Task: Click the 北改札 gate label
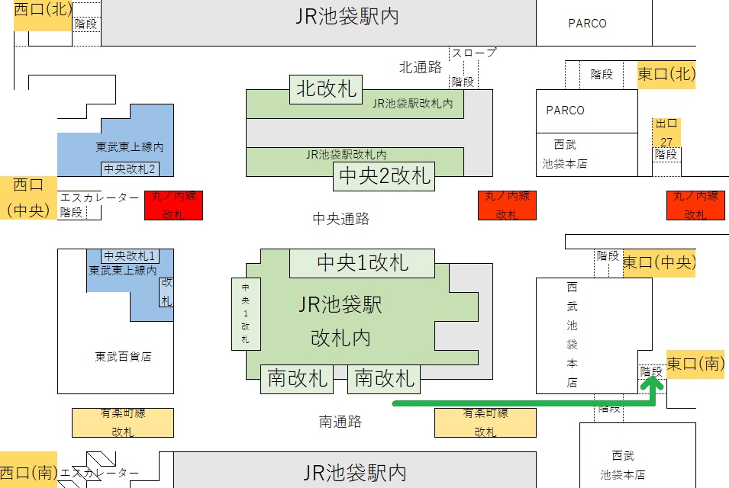pyautogui.click(x=325, y=89)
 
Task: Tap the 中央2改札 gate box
pyautogui.click(x=385, y=177)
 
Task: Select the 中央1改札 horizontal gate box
pyautogui.click(x=362, y=263)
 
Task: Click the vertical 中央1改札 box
pyautogui.click(x=245, y=313)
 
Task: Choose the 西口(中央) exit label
pyautogui.click(x=28, y=197)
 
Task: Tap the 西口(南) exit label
pyautogui.click(x=27, y=473)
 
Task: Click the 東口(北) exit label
pyautogui.click(x=666, y=75)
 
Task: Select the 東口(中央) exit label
pyautogui.click(x=660, y=263)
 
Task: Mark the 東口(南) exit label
pyautogui.click(x=695, y=364)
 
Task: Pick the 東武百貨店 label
pyautogui.click(x=123, y=356)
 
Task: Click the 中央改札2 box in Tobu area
pyautogui.click(x=130, y=169)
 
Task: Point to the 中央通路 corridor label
pyautogui.click(x=341, y=220)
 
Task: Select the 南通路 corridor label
pyautogui.click(x=340, y=422)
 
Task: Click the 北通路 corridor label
pyautogui.click(x=421, y=67)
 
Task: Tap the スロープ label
pyautogui.click(x=473, y=53)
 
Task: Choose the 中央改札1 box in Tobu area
pyautogui.click(x=130, y=255)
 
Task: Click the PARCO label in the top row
pyautogui.click(x=587, y=24)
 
